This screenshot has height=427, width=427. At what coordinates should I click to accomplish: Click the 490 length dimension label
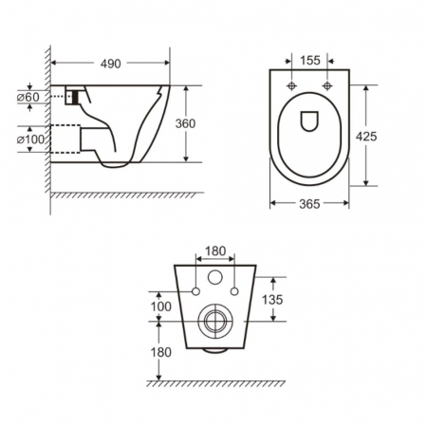[112, 65]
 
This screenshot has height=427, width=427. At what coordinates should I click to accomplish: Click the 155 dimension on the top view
[309, 60]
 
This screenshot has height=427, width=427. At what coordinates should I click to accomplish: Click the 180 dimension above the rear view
[216, 251]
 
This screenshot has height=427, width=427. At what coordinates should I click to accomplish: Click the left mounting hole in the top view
[292, 86]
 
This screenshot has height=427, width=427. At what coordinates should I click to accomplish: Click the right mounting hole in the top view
[327, 86]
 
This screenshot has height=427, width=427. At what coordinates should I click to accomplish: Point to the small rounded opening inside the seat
[310, 120]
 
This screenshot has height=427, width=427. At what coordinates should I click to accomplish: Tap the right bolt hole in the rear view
[234, 287]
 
